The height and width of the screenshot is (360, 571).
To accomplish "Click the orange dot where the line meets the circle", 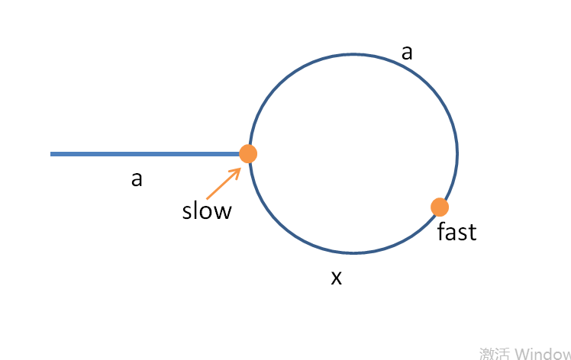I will point(248,153).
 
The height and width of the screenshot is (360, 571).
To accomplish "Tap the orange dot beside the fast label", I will point(439,207).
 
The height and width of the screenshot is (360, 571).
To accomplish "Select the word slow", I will point(206,211).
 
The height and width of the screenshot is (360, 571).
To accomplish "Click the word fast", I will point(456,231).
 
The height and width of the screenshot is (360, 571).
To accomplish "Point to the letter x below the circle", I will point(336,278).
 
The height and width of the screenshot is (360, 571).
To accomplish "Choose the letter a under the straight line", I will point(137,179).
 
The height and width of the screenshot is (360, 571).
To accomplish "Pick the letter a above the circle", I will point(407,52).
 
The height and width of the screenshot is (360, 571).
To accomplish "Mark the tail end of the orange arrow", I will point(207,198).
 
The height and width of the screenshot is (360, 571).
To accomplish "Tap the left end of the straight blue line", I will point(52,154).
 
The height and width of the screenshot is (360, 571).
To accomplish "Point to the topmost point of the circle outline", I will point(353,53).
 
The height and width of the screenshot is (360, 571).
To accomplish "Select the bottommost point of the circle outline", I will point(353,253).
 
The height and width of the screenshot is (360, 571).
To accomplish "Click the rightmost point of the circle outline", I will point(457,153).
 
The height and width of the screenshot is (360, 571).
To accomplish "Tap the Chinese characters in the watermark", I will point(495,353).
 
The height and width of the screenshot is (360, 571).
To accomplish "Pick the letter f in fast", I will point(441,231).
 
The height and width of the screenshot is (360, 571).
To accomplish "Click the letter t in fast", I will point(473,231).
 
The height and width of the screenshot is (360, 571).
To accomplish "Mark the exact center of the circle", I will point(353,153).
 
